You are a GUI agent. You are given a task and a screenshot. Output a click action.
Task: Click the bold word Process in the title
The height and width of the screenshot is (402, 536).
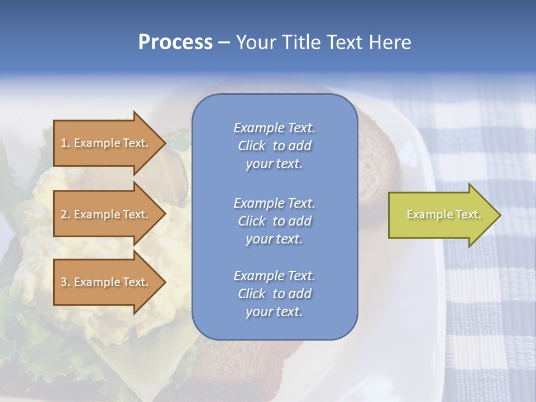pos(175,42)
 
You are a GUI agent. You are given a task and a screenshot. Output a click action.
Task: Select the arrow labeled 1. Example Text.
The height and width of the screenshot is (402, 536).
pos(106,143)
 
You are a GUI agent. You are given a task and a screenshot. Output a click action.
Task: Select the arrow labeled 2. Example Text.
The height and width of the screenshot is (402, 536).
pos(106,214)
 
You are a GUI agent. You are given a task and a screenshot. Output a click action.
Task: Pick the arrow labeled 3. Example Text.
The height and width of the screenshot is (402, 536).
pos(106,282)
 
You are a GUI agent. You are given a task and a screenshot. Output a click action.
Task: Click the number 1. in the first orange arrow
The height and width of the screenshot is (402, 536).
pos(65,143)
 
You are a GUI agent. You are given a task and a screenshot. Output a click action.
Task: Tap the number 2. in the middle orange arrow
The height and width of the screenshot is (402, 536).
pos(65,214)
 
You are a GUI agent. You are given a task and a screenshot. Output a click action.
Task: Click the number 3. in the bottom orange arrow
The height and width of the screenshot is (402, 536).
pos(65,282)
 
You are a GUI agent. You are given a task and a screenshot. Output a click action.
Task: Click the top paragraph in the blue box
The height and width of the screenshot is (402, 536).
pos(274,146)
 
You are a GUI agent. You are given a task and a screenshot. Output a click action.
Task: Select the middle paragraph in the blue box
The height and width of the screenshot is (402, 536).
pos(274,221)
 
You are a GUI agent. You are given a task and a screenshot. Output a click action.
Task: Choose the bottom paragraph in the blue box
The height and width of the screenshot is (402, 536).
pos(274,294)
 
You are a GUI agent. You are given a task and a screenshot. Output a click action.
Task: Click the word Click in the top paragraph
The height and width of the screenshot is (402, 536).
pos(252,146)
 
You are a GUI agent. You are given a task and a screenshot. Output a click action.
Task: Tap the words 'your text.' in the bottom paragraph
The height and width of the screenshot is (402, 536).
pos(274,312)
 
